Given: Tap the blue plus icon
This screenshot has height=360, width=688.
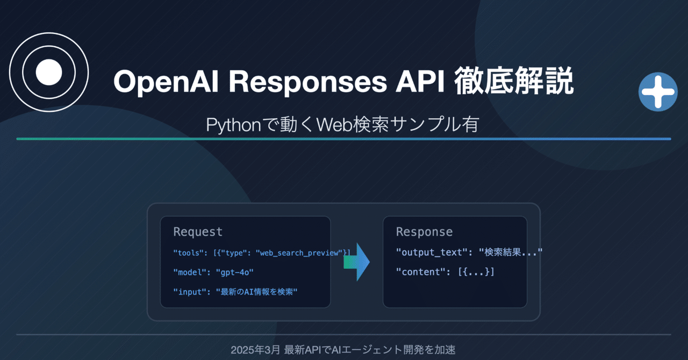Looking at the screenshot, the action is (x=658, y=92).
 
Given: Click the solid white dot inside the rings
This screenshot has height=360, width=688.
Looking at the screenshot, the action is (x=49, y=72).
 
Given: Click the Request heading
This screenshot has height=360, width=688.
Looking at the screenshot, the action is (x=198, y=232).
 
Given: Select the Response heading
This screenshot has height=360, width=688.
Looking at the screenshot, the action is (x=424, y=232).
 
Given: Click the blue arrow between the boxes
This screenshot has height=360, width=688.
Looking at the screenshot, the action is (x=358, y=262).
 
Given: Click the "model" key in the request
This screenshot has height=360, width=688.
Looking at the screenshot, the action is (x=187, y=272).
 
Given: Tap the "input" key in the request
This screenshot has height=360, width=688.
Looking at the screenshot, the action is (x=187, y=292).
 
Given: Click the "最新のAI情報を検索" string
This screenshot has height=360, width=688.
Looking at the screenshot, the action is (x=256, y=292).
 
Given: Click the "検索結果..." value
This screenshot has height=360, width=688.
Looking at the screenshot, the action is (x=510, y=252).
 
